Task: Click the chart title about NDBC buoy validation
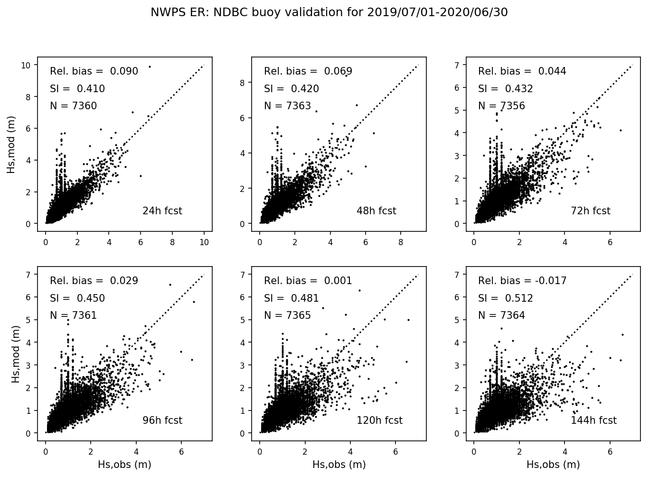[x=329, y=12]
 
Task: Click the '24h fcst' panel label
[x=162, y=211]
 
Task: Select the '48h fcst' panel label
[x=376, y=211]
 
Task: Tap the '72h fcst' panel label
[x=590, y=211]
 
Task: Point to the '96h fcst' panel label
[x=162, y=420]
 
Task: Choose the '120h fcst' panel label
[x=379, y=420]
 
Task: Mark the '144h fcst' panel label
[x=593, y=420]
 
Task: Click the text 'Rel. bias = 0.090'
[x=94, y=71]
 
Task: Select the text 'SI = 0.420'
[x=292, y=89]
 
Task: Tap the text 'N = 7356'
[x=501, y=106]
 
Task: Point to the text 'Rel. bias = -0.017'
[x=522, y=281]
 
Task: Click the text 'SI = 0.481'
[x=292, y=298]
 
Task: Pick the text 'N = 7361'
[x=73, y=315]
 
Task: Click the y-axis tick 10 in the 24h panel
[x=26, y=65]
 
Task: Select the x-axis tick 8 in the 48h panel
[x=401, y=242]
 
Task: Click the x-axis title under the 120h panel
[x=339, y=465]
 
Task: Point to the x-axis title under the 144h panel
[x=553, y=465]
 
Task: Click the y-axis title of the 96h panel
[x=16, y=354]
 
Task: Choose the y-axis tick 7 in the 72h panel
[x=457, y=65]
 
